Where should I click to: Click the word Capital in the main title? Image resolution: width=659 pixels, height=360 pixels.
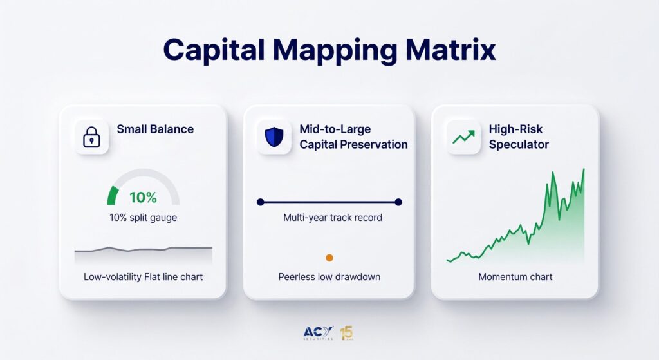214,50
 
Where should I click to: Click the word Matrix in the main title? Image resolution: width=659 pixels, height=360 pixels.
450,50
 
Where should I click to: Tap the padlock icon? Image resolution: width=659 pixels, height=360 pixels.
91,137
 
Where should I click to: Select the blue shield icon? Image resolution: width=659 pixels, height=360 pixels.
274,137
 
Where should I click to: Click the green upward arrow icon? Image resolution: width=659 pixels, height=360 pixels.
463,137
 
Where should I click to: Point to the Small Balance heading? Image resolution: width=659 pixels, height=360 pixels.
155,129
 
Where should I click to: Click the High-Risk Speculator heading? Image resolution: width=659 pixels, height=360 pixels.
519,137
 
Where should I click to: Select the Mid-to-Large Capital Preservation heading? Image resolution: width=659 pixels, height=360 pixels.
353,137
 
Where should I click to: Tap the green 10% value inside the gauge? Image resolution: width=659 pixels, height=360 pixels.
143,197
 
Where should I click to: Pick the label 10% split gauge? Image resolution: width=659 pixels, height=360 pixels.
144,218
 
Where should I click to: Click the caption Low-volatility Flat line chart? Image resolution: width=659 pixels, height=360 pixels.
144,277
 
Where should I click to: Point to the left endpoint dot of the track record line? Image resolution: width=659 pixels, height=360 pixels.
261,202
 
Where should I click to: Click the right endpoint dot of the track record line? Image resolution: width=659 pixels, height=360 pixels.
398,202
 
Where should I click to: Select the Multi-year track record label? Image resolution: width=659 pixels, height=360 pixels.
333,218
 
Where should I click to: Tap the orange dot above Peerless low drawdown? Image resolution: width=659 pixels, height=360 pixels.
329,258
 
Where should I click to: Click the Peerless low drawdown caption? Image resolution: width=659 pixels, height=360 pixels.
329,277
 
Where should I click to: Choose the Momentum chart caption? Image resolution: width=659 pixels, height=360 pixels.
515,277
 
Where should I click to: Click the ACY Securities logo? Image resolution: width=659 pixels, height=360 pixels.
318,333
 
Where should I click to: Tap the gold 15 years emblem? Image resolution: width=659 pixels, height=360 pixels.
347,333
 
